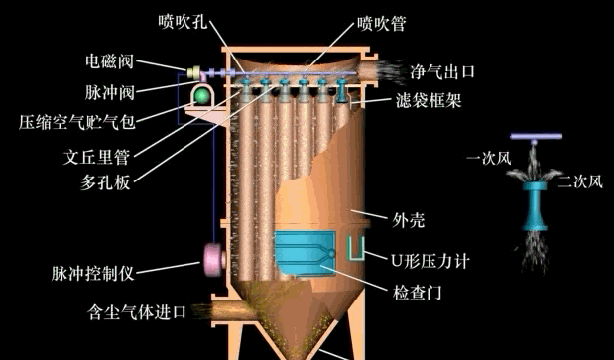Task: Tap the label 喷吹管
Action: (x=383, y=20)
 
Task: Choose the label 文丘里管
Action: (x=99, y=155)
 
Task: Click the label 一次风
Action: (x=489, y=157)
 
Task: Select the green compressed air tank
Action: (x=203, y=95)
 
